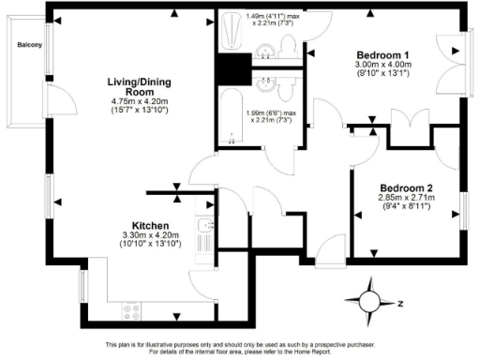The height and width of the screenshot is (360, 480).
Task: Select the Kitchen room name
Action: [x=149, y=226]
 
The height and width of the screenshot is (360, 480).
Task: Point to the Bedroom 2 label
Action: [x=398, y=186]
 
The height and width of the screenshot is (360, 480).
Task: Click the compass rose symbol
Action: [x=372, y=302]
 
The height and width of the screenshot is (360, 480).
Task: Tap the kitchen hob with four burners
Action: [x=132, y=308]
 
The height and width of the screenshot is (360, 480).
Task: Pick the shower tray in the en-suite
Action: [x=230, y=35]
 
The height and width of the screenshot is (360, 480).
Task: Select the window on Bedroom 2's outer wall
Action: [x=463, y=211]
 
